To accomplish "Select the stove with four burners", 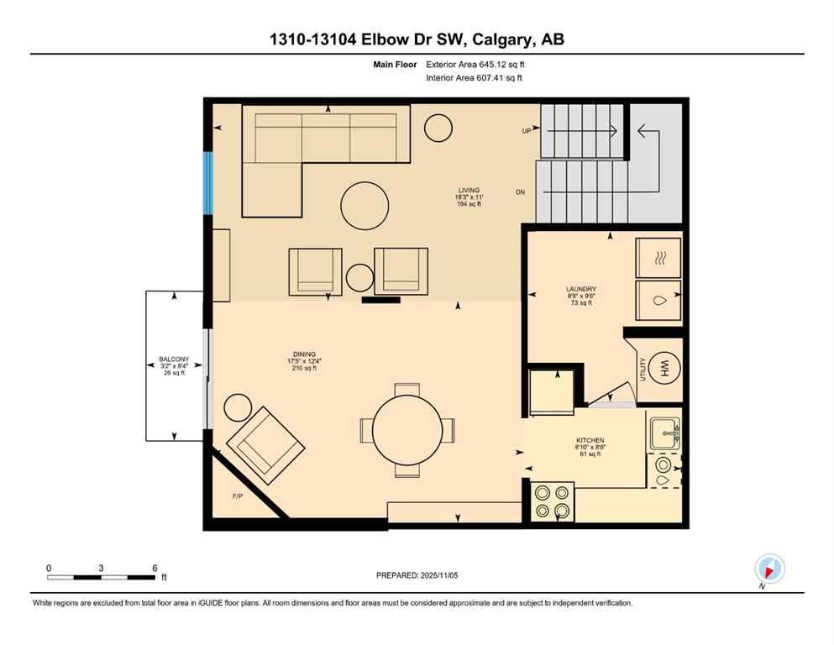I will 553,501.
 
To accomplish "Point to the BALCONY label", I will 174,359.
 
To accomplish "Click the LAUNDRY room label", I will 580,289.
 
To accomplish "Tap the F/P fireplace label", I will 238,496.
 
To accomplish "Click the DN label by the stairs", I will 521,192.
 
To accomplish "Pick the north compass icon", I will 769,569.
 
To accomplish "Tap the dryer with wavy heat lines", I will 658,258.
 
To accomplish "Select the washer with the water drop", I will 658,300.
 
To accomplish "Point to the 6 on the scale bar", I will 155,569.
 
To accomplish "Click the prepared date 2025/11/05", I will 417,575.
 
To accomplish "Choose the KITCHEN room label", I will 590,440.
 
